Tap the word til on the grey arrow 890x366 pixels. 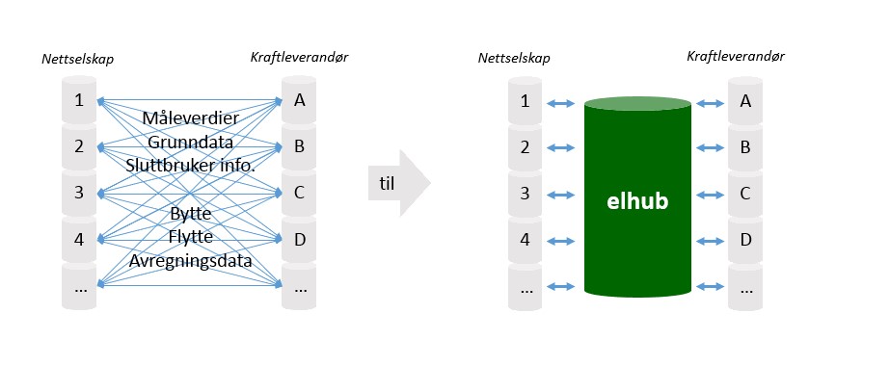tap(385, 182)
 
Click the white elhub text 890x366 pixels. tap(636, 202)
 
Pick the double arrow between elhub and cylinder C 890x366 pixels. tap(712, 193)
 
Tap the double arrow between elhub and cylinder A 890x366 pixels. tap(712, 103)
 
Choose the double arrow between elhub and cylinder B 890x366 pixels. tap(712, 148)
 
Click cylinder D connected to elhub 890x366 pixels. tap(744, 239)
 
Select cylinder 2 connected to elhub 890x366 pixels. tap(526, 148)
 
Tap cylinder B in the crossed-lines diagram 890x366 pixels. tap(299, 146)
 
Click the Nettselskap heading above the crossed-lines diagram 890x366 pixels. tap(77, 61)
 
